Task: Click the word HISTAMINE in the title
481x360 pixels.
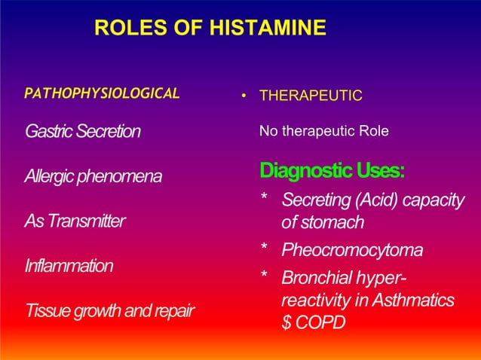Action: (x=270, y=29)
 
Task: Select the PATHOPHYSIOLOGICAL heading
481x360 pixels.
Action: (x=102, y=94)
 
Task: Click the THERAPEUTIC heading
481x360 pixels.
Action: (x=311, y=96)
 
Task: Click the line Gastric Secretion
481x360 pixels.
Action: (x=82, y=132)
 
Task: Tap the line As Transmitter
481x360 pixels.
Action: (x=75, y=221)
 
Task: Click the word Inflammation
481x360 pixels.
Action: (x=69, y=266)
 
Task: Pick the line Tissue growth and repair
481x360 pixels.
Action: (x=109, y=310)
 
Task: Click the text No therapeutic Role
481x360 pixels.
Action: (x=323, y=132)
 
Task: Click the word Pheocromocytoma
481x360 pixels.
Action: (x=351, y=249)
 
